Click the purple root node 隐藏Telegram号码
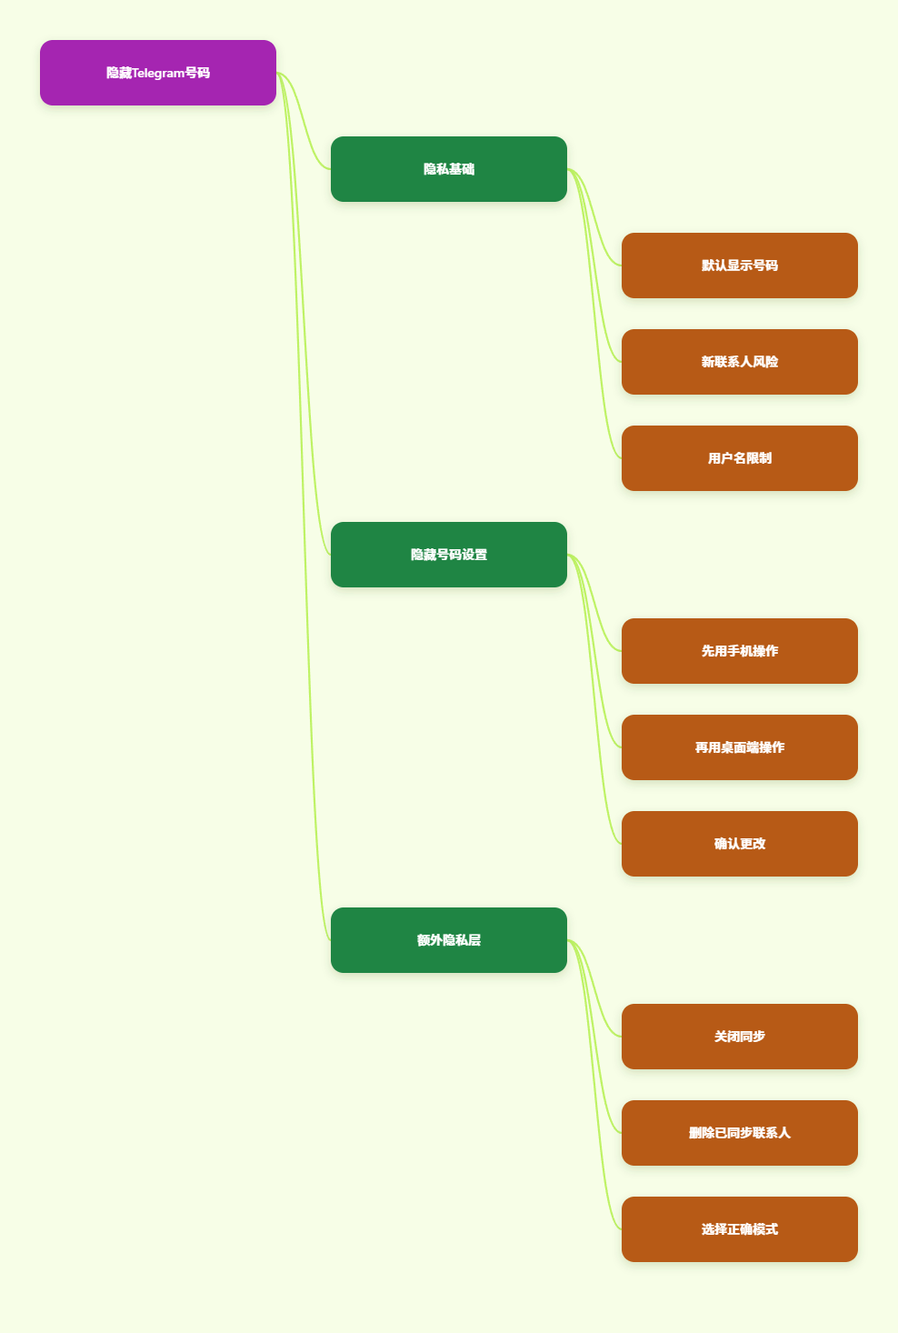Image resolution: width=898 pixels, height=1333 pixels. (158, 73)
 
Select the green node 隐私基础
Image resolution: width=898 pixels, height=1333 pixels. (449, 169)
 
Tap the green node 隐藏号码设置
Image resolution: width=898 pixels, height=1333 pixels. (449, 555)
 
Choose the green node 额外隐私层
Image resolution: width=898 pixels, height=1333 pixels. (449, 940)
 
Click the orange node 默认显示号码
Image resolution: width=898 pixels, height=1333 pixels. (740, 266)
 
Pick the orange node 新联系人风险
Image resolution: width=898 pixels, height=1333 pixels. (740, 362)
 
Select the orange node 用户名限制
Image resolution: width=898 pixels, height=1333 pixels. (740, 458)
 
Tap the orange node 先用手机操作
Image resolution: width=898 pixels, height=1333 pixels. (740, 651)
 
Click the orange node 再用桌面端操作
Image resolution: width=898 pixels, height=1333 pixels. (740, 747)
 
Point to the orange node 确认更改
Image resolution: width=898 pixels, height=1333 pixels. (740, 844)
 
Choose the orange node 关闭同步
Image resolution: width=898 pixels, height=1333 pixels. (740, 1037)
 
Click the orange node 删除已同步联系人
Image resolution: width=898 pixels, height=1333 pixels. (740, 1133)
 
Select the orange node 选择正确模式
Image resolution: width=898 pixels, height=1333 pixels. (740, 1229)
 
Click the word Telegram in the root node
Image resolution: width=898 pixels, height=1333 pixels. (158, 73)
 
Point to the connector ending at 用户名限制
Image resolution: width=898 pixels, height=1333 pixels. (594, 314)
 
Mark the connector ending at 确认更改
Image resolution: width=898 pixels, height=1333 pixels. (594, 699)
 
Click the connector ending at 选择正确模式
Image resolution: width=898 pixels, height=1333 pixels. (594, 1085)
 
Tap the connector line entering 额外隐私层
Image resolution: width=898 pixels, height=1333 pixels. (304, 506)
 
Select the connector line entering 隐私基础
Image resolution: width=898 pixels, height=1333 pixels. (304, 121)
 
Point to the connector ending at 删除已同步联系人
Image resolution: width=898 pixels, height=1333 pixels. (594, 1037)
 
